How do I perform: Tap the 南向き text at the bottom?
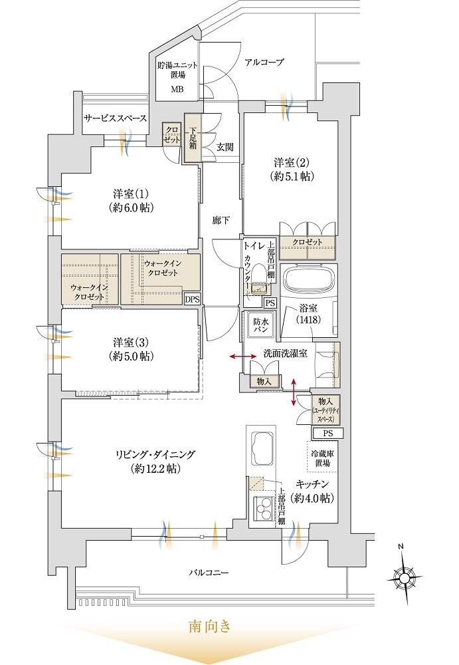coord(210,626)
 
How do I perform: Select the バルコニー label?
coord(209,572)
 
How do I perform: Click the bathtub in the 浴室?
coord(309,279)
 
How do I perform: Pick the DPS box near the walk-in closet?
coord(191,299)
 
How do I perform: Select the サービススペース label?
coord(115,118)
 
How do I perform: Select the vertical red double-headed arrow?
coord(294,392)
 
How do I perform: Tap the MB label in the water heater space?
coord(177,89)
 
